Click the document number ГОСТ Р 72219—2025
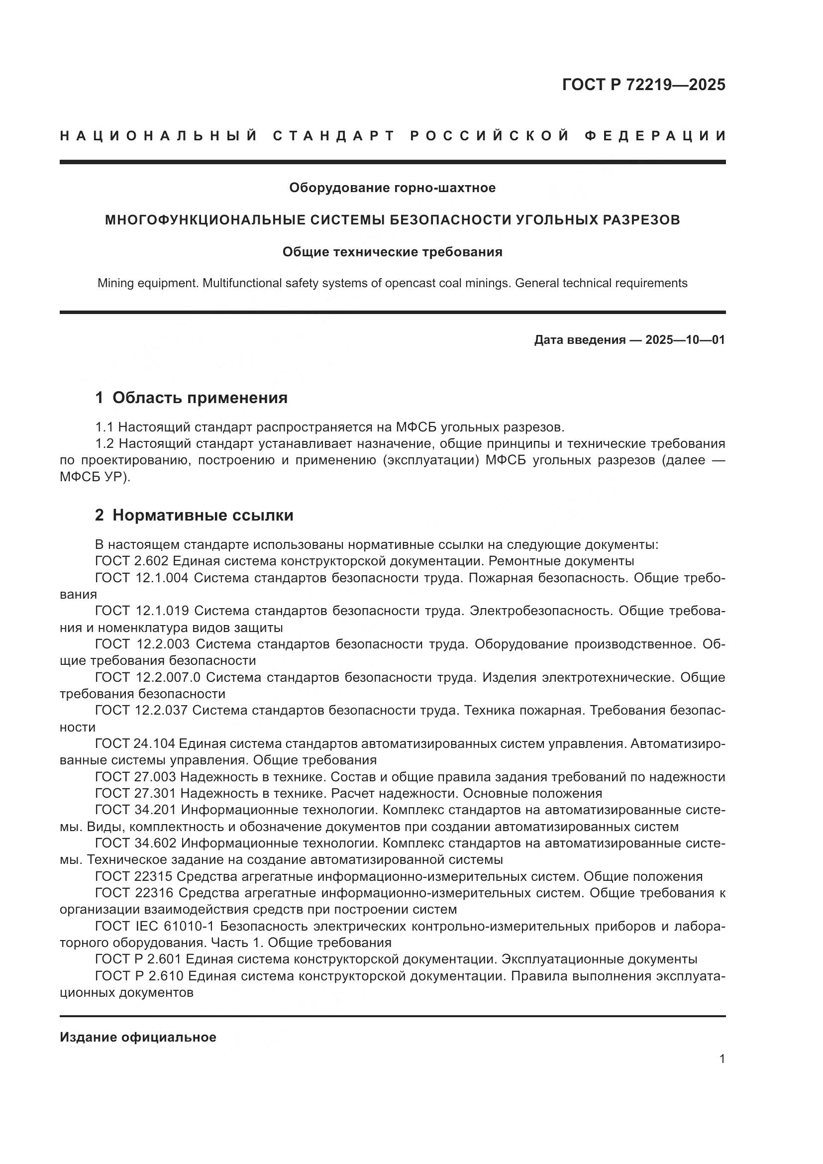pos(643,85)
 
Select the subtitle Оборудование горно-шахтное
pos(392,188)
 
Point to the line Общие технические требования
pos(392,252)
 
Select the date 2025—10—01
pos(685,340)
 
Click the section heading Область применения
pos(200,398)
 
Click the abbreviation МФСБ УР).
pos(95,477)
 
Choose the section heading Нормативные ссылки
pos(203,516)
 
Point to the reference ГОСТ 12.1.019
pos(142,611)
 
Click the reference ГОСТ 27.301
pos(135,793)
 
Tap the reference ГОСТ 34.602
pos(136,843)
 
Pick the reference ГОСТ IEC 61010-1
pos(155,926)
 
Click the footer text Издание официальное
pos(138,1037)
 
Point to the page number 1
pos(722,1059)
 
